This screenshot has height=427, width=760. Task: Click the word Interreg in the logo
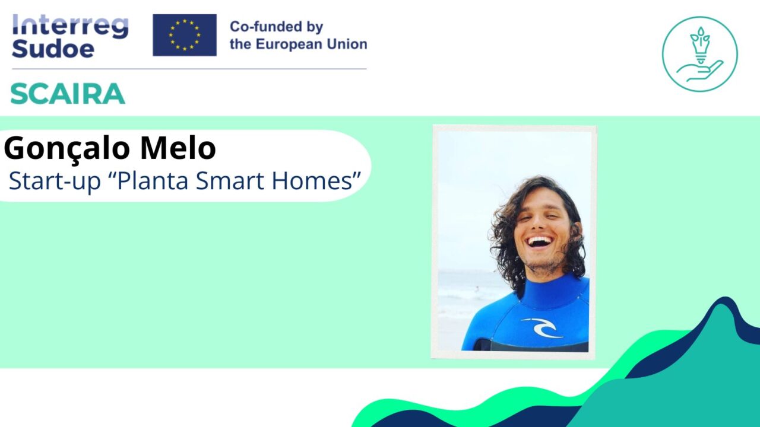[x=70, y=27]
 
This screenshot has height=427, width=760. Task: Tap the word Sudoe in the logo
[x=53, y=49]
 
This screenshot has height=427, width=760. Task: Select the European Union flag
[x=185, y=35]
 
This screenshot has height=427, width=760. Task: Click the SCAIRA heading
[x=68, y=94]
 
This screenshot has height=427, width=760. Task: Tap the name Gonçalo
[x=66, y=148]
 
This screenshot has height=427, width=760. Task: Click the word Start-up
[x=55, y=181]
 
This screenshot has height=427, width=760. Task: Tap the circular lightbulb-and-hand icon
[x=699, y=54]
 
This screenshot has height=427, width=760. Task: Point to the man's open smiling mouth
[x=540, y=241]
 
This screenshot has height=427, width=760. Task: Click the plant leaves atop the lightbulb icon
[x=700, y=35]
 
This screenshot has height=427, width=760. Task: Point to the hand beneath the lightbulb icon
[x=701, y=72]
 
